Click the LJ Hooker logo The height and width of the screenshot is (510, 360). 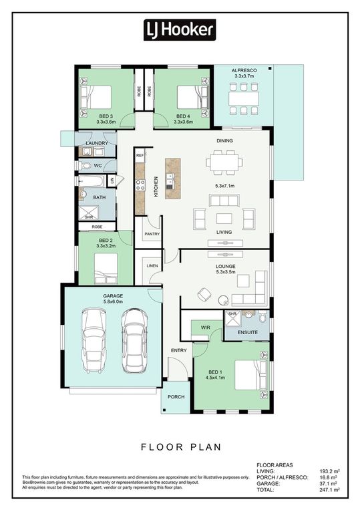180,29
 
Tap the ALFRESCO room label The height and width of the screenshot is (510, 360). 244,70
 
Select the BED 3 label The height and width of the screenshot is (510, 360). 107,116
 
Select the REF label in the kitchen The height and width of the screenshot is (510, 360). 140,155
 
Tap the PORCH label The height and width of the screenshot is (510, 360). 176,397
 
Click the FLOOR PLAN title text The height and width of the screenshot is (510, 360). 180,445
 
